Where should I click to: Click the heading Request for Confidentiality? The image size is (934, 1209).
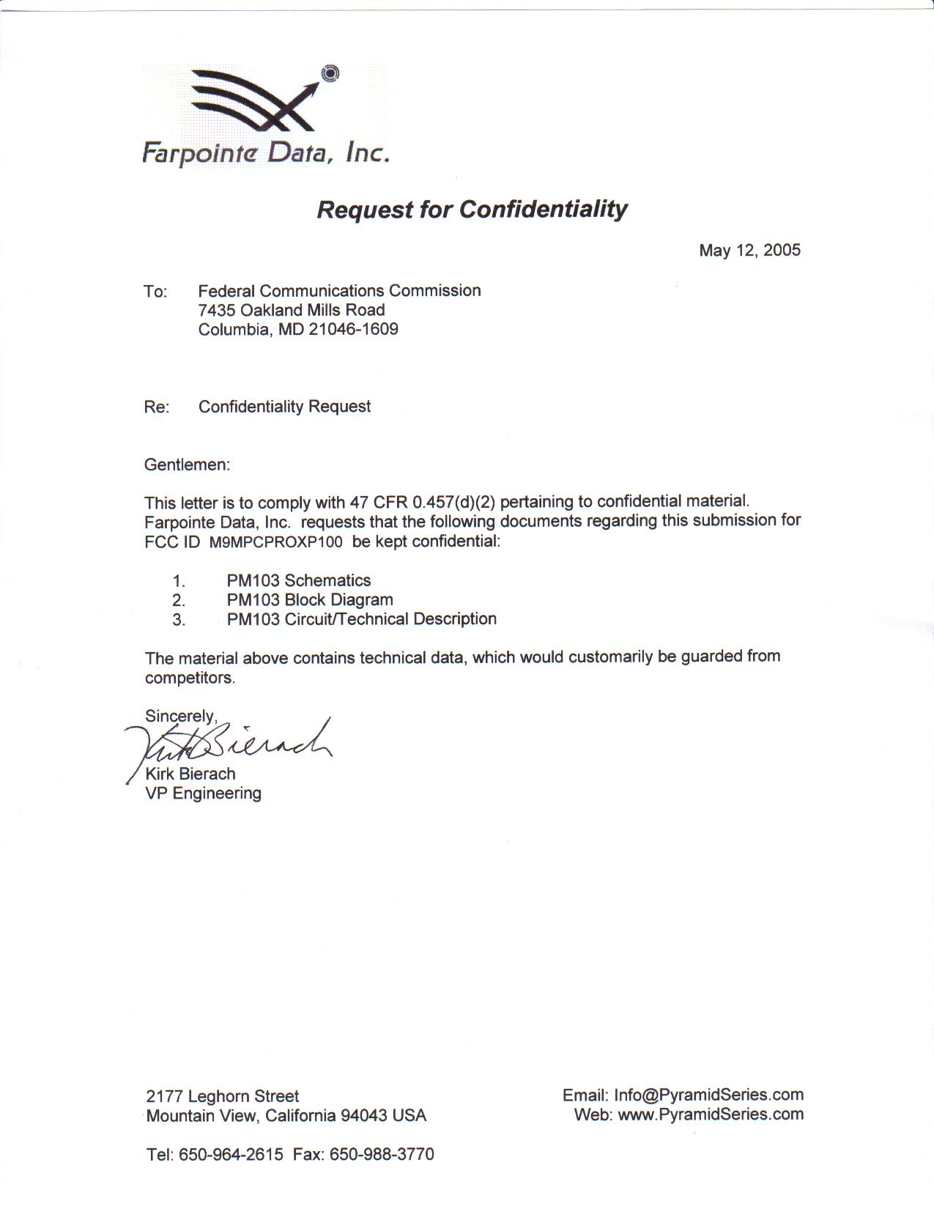472,210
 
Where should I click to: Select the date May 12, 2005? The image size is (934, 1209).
749,251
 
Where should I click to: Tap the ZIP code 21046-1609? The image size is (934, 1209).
353,329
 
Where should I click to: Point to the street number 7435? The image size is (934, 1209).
217,310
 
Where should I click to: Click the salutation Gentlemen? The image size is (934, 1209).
187,465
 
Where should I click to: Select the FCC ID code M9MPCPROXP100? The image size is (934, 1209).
275,542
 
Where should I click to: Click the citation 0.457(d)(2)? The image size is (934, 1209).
453,502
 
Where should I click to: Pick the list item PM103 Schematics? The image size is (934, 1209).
299,580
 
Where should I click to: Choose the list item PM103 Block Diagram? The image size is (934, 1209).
310,599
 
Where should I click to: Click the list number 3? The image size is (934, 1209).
179,620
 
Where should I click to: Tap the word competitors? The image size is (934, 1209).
190,678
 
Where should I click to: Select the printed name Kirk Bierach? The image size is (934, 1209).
190,774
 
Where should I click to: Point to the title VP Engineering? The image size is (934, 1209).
203,793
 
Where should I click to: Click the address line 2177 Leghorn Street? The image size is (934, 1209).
223,1096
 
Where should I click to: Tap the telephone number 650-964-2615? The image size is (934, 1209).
231,1155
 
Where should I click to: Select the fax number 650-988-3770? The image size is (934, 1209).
382,1155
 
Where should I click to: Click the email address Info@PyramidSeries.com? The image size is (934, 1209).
708,1095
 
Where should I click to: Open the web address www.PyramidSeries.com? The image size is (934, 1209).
711,1114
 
